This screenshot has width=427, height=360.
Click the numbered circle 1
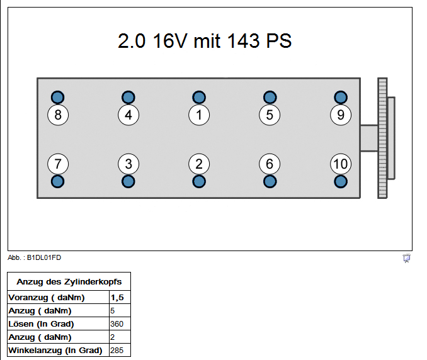tap(199, 115)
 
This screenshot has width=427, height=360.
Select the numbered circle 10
tap(340, 164)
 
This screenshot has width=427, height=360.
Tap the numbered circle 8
tap(58, 115)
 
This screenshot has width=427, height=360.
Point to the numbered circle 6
tap(270, 164)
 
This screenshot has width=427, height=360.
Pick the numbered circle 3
tap(128, 164)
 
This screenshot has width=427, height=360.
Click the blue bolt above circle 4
tap(128, 97)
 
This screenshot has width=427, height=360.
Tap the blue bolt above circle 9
tap(341, 97)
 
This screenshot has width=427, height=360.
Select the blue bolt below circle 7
tap(58, 181)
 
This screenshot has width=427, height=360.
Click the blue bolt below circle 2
tap(199, 181)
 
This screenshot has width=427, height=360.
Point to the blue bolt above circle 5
tap(270, 97)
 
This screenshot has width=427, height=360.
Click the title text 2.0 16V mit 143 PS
tap(205, 42)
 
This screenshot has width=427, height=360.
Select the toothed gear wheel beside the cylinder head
tap(382, 138)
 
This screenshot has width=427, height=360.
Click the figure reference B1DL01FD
tap(44, 257)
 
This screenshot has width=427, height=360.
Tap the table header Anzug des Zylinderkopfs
tap(69, 281)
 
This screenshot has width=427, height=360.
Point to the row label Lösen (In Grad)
tap(42, 323)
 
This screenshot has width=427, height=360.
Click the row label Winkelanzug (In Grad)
tap(55, 350)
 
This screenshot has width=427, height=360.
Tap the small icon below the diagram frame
tap(407, 258)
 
